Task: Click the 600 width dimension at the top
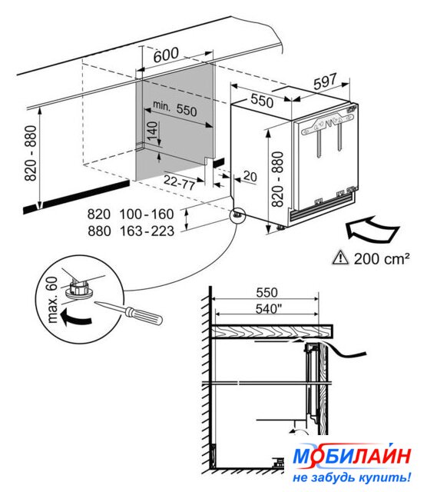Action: [166, 55]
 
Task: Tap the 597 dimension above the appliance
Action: [325, 81]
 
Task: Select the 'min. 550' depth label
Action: [174, 108]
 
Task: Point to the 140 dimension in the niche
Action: [152, 131]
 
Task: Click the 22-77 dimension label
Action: [180, 182]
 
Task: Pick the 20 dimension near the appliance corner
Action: [250, 176]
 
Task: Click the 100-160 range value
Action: [147, 214]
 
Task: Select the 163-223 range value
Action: [147, 231]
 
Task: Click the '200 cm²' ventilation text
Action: [382, 258]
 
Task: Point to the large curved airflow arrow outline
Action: [372, 229]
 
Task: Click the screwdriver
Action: [128, 313]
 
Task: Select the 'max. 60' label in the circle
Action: [52, 299]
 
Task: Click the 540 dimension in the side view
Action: [266, 309]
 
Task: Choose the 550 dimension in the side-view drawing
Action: [266, 292]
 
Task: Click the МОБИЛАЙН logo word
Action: [352, 456]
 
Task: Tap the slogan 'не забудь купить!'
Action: [352, 477]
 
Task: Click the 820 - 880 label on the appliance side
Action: [277, 179]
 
